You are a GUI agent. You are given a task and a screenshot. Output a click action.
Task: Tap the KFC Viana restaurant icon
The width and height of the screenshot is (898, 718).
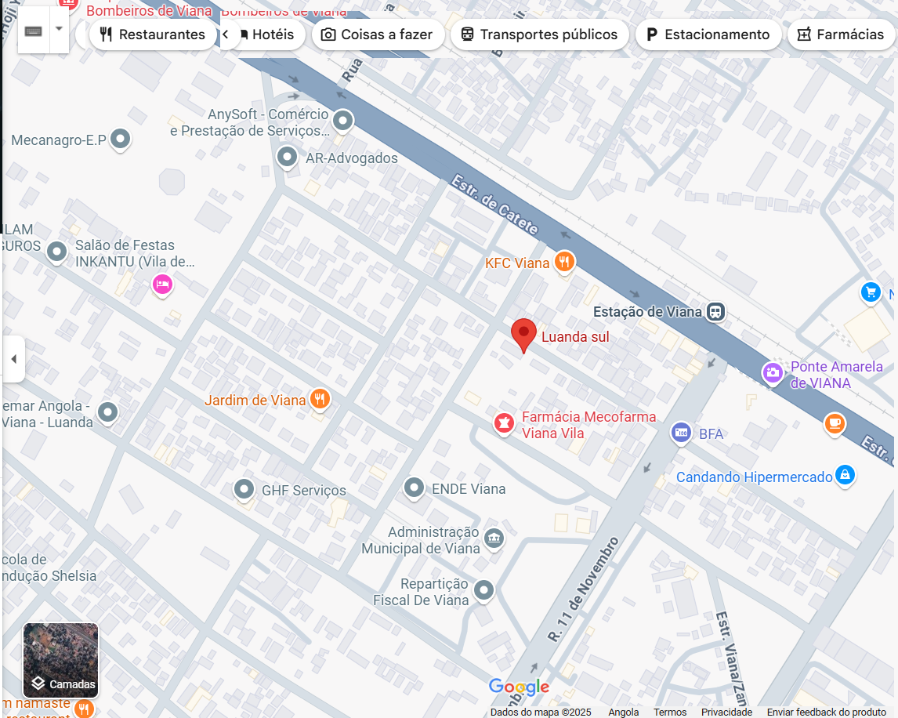[564, 262]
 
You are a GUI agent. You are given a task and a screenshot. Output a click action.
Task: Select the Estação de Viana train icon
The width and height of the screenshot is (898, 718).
[715, 311]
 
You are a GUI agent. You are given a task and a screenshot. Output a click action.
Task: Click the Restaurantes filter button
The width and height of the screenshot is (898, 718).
[152, 34]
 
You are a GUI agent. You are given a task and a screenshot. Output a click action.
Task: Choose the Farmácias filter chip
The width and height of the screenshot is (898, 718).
[840, 34]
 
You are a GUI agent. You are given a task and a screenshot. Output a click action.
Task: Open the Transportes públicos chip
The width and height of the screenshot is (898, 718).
[539, 34]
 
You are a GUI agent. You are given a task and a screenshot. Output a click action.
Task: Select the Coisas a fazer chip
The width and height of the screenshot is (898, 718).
[378, 34]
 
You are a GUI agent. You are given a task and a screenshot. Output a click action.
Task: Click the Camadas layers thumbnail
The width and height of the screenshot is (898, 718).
[60, 660]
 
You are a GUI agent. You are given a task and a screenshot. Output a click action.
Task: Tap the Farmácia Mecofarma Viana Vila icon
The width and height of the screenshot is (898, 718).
[503, 423]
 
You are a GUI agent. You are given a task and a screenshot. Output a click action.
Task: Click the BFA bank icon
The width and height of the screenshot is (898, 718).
[681, 433]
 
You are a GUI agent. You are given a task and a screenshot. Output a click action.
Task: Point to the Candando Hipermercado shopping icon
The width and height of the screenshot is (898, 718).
[844, 474]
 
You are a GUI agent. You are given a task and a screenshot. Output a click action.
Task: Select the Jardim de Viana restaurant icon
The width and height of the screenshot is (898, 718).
[319, 399]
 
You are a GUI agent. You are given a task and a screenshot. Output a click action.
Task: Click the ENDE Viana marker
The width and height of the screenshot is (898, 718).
[414, 488]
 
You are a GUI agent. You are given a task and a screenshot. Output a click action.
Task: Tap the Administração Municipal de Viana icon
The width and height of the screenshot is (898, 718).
[494, 538]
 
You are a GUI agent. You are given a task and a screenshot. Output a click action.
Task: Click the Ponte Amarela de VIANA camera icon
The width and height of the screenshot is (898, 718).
[773, 373]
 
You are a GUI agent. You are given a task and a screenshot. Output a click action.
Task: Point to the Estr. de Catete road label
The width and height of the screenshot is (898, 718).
[495, 205]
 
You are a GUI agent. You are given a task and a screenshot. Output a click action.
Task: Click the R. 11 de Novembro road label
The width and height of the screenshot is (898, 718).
[584, 589]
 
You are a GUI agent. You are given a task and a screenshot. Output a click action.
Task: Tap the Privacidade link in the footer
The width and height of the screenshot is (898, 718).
[726, 712]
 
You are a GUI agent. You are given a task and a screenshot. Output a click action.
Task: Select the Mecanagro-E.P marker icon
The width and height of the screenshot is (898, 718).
[120, 140]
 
